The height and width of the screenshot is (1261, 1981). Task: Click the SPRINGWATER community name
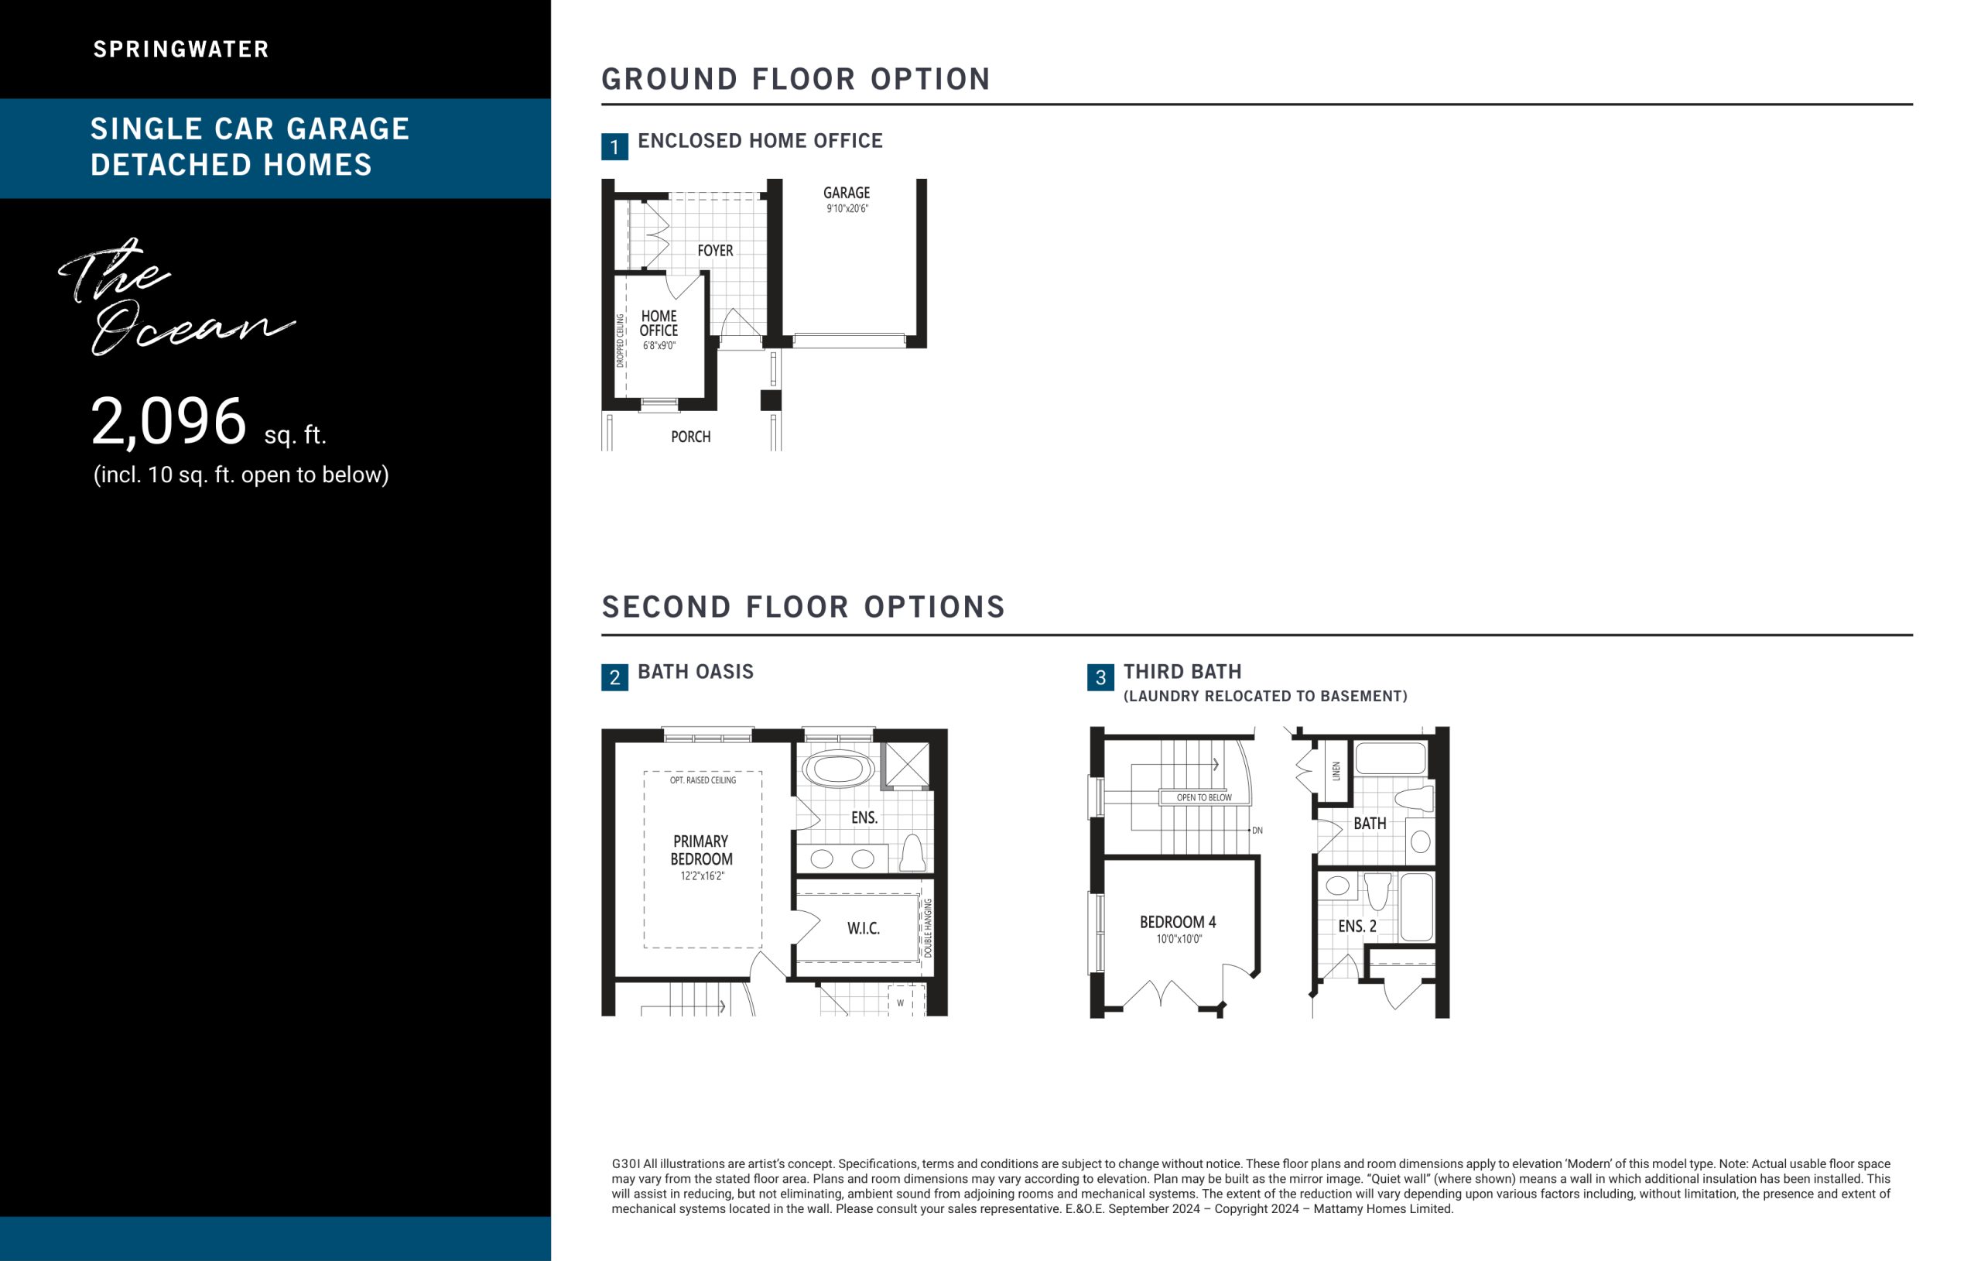tap(181, 50)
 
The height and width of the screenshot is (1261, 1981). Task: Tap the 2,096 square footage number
tap(169, 421)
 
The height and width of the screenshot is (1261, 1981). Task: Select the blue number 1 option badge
tap(614, 146)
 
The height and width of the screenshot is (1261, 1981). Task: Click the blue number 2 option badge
tap(614, 677)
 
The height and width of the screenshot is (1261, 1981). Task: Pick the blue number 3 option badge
tap(1100, 677)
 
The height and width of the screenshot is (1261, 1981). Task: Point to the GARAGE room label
tap(847, 193)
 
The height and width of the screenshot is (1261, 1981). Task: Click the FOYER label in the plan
tap(715, 250)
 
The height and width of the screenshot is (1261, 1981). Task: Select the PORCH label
tap(691, 437)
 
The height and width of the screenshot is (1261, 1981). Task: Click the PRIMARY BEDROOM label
tap(701, 850)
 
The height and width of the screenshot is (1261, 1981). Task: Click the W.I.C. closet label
tap(864, 928)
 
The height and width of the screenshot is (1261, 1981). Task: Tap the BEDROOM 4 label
tap(1178, 922)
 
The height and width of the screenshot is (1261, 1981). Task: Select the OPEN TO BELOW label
tap(1204, 797)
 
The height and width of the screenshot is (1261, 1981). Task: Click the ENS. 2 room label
tap(1357, 926)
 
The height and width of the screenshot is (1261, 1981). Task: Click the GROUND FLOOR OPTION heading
tap(796, 79)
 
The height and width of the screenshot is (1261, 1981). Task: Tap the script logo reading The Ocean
tap(177, 296)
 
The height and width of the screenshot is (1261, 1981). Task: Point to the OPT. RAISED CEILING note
tap(703, 780)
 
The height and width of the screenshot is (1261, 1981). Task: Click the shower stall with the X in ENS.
tap(908, 765)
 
